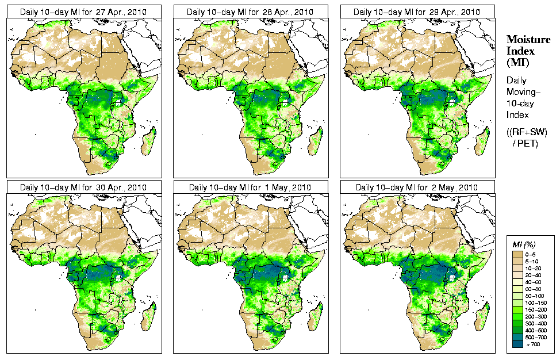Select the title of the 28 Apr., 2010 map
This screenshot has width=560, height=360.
(x=250, y=12)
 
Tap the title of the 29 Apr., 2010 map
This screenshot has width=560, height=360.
(x=417, y=12)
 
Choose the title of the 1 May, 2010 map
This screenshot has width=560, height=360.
(x=250, y=187)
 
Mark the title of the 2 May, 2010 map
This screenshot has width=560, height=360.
(x=417, y=187)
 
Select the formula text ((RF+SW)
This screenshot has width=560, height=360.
(x=527, y=132)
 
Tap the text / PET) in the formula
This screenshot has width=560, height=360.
(x=526, y=143)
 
